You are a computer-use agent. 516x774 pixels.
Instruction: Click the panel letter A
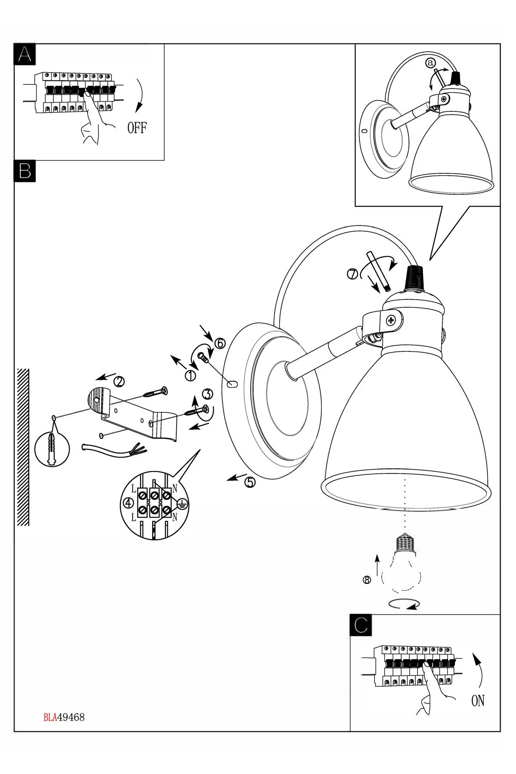tap(25, 55)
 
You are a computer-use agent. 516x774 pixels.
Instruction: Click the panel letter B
tap(25, 170)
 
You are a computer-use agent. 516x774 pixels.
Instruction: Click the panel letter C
tap(361, 625)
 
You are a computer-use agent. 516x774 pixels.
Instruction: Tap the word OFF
tap(137, 128)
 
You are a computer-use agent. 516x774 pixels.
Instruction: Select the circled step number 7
tap(352, 274)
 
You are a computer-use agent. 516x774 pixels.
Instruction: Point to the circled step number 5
tap(249, 482)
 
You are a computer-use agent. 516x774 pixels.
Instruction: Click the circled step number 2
tap(119, 381)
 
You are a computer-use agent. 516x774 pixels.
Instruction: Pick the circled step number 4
tap(128, 503)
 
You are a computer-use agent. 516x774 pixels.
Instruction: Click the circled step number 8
tap(366, 580)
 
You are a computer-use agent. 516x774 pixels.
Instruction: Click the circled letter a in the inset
tap(430, 63)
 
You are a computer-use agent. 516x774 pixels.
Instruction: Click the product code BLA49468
tap(64, 718)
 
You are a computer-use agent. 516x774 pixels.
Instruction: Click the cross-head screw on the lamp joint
tap(391, 320)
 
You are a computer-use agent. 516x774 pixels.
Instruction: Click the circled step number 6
tap(219, 343)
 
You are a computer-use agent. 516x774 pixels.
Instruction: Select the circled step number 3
tap(208, 393)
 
